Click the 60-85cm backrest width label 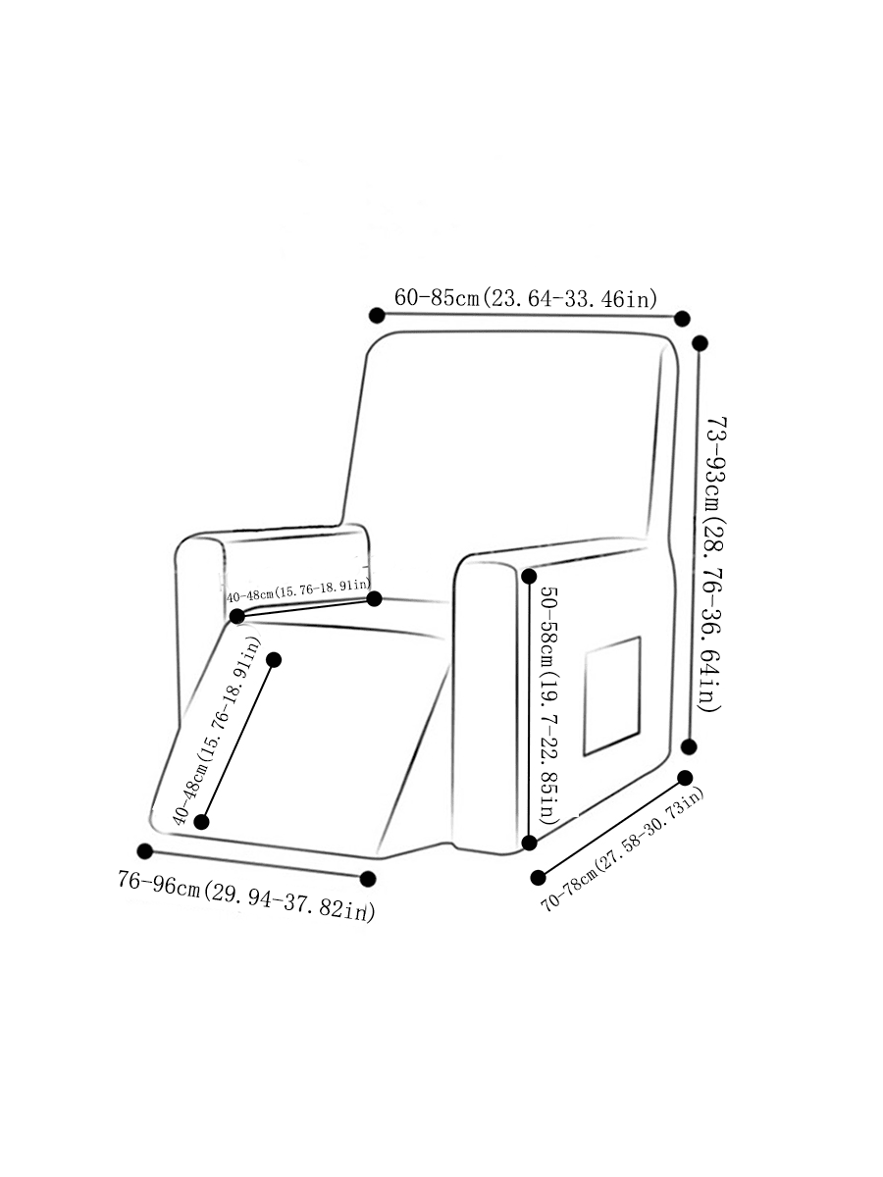(526, 298)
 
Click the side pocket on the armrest (612, 696)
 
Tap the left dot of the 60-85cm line (377, 315)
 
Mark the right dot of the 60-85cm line (682, 319)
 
